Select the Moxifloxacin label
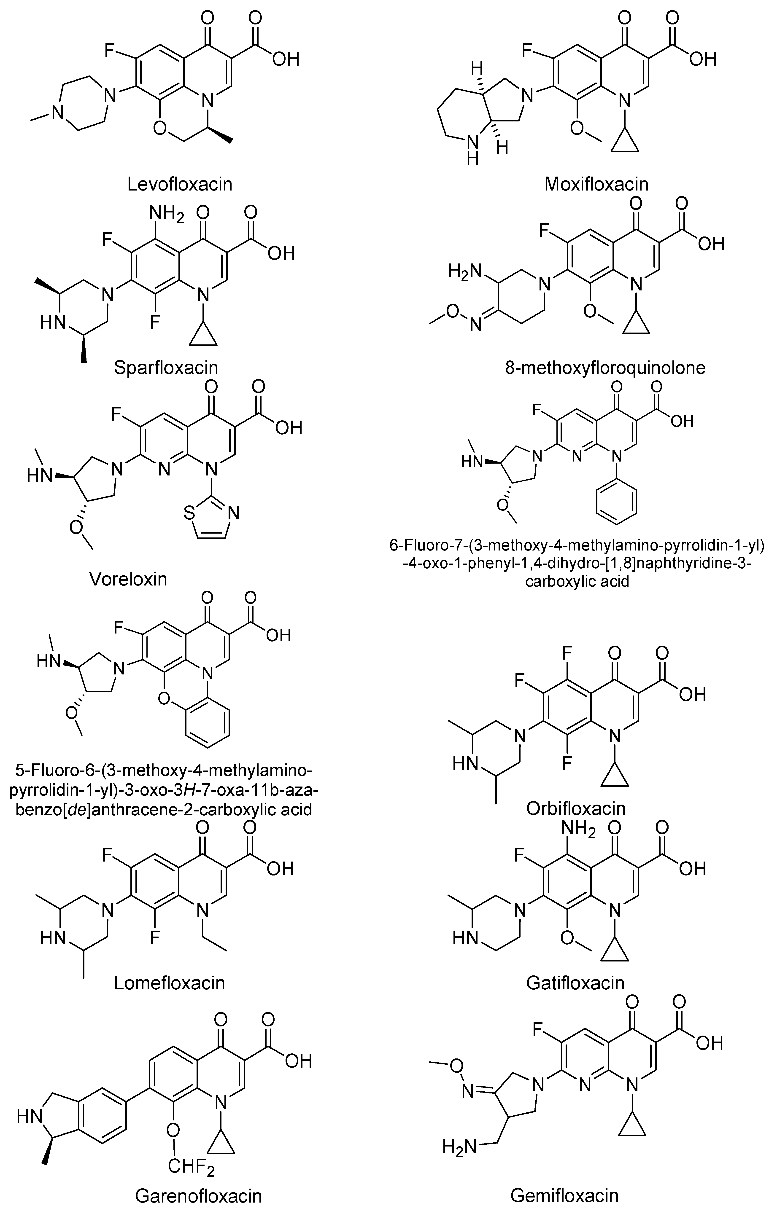pyautogui.click(x=596, y=184)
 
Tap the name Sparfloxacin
pyautogui.click(x=166, y=368)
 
